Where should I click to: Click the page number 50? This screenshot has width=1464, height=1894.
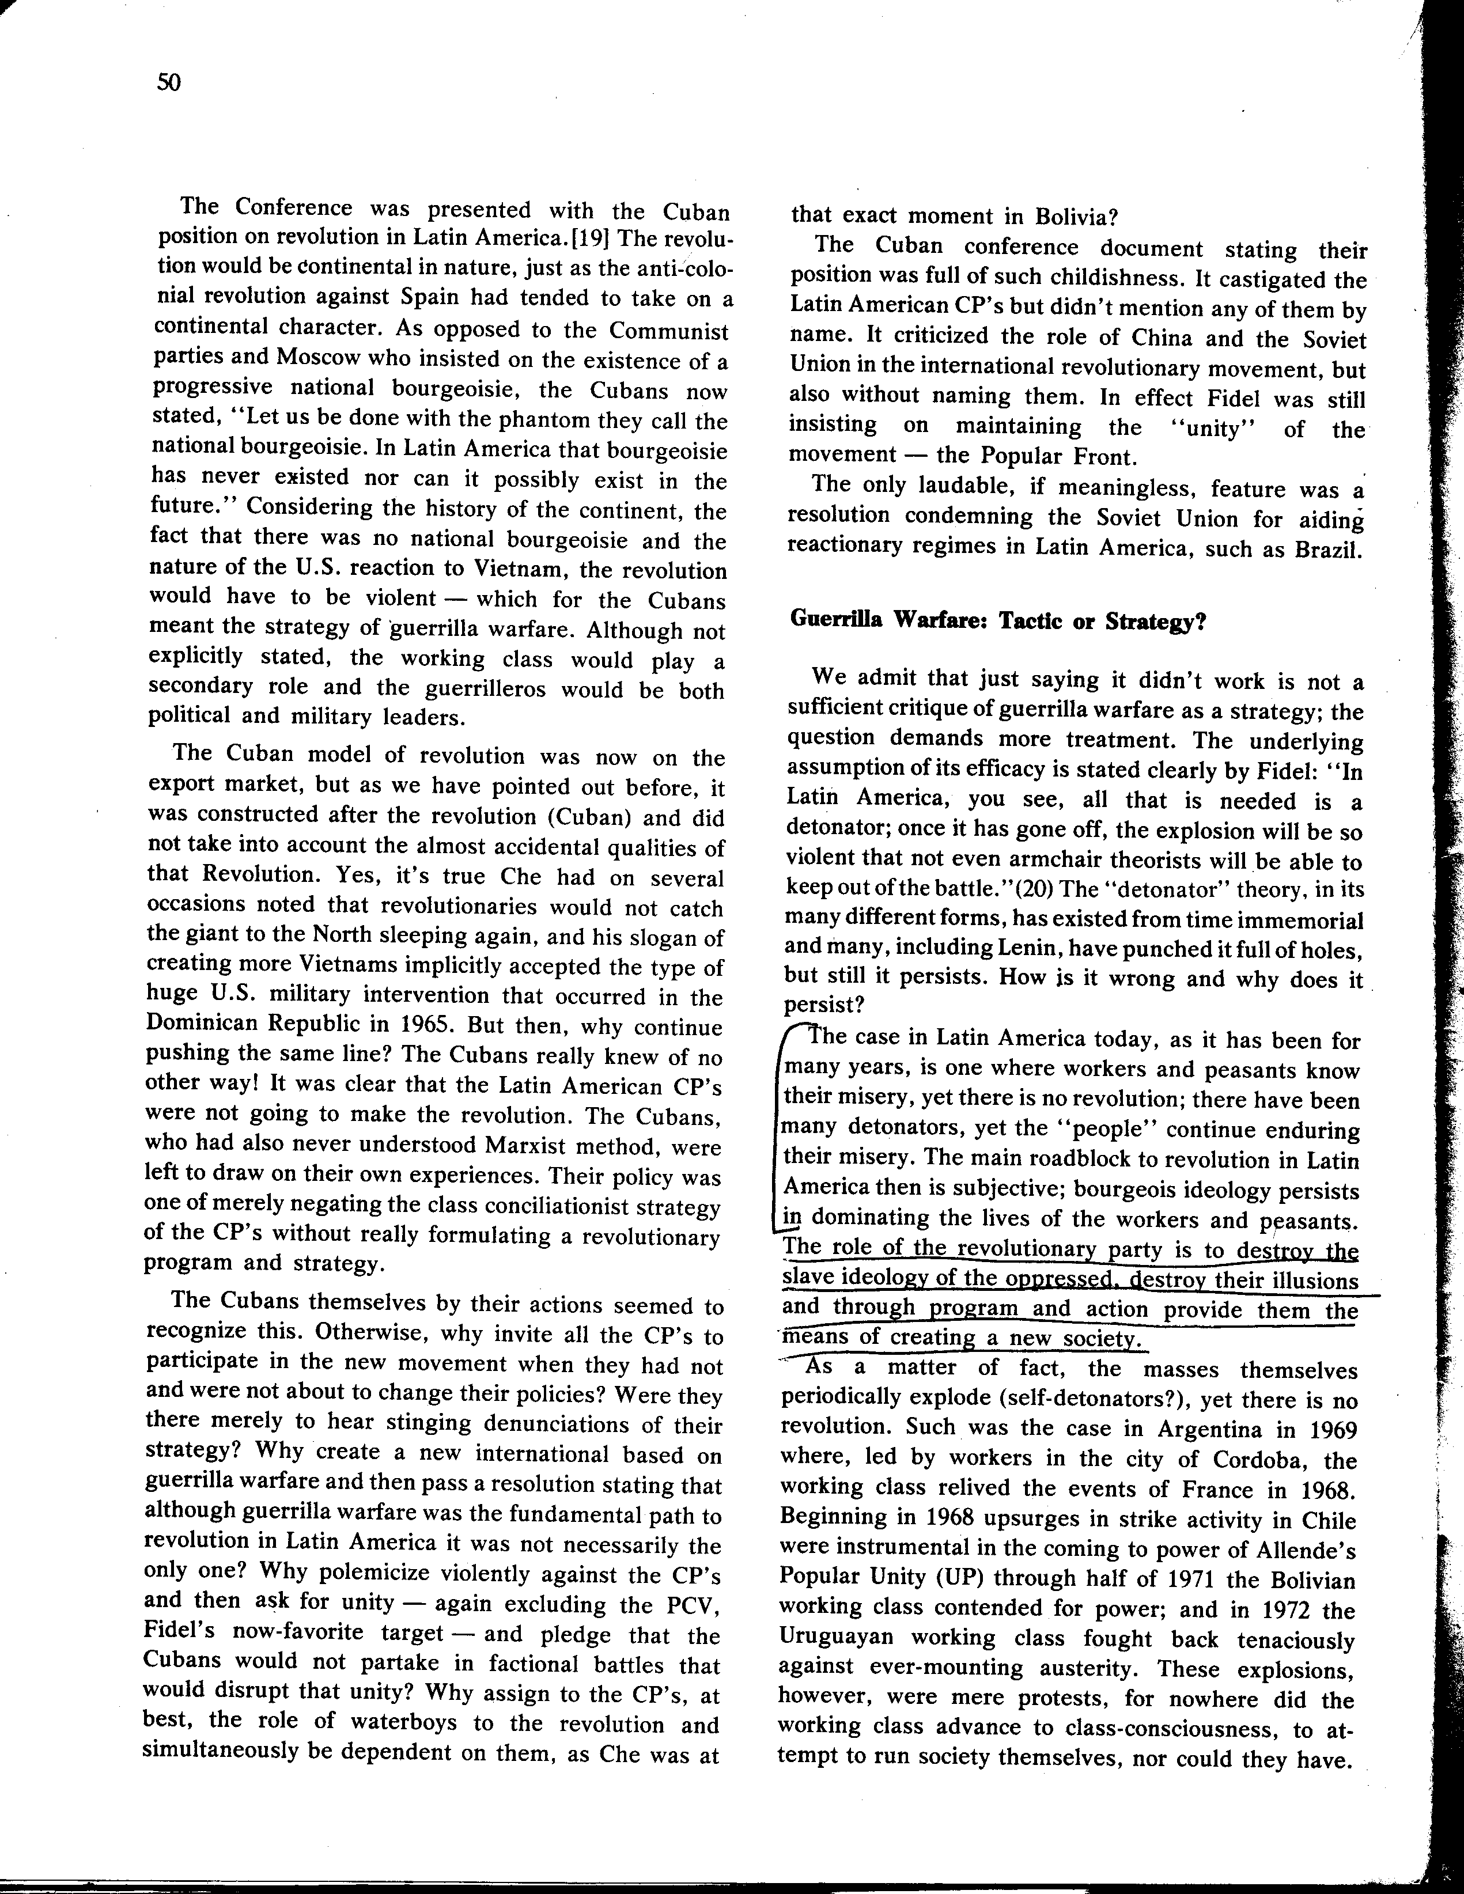pos(168,84)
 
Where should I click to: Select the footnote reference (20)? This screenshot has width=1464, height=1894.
pos(996,890)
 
